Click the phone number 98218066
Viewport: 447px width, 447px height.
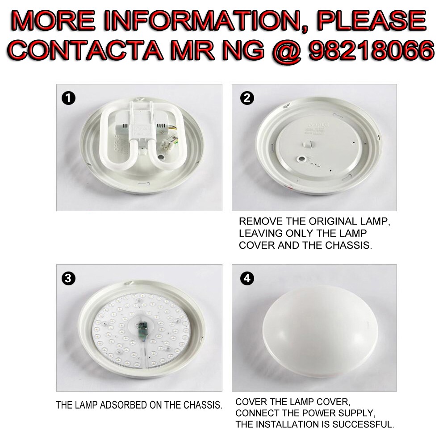[x=372, y=50]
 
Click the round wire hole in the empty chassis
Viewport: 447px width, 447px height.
[x=302, y=159]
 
